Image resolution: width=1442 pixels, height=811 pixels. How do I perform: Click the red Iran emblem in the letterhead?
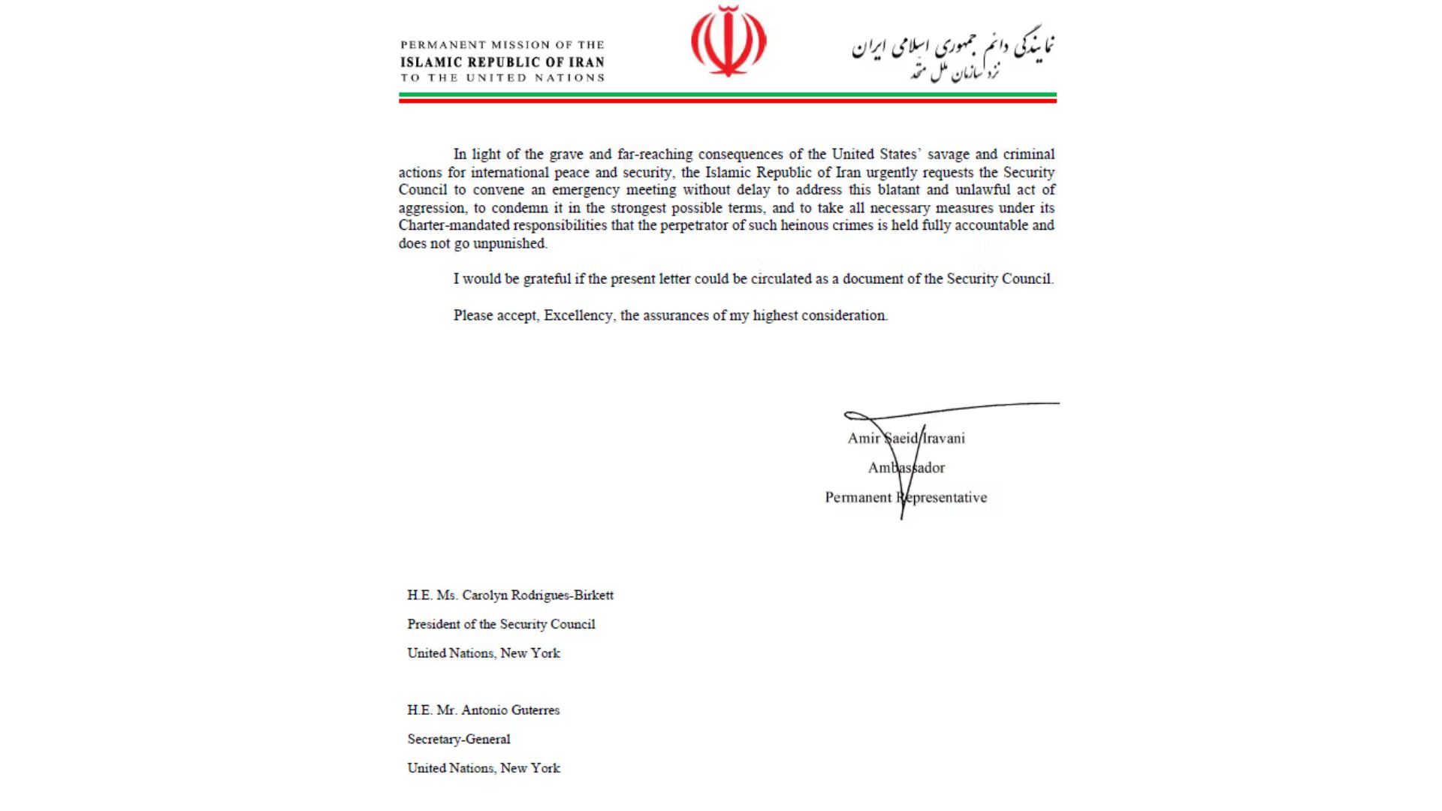tap(728, 41)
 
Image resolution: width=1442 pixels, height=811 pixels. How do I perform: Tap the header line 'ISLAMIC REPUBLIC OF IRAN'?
tap(502, 62)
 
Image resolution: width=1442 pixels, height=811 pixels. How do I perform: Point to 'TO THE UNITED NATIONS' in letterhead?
tap(502, 78)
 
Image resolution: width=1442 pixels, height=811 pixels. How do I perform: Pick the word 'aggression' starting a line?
tap(431, 208)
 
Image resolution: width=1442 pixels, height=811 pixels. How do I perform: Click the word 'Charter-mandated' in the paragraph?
tap(454, 225)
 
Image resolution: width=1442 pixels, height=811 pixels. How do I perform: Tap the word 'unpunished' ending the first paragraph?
tap(509, 243)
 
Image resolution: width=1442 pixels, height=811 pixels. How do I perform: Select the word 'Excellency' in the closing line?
tap(578, 315)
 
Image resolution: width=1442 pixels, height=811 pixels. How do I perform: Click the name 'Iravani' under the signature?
tap(944, 439)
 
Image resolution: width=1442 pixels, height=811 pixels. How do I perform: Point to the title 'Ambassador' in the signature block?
tap(906, 468)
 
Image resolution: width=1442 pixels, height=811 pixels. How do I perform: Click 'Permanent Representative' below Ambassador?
tap(906, 497)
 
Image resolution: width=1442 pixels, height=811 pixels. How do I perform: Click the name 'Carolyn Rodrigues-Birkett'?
tap(538, 595)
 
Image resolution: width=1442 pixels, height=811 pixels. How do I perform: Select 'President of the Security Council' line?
tap(501, 624)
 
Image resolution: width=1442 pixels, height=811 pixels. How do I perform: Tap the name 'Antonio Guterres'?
tap(510, 710)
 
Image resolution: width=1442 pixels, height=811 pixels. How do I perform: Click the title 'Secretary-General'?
tap(459, 739)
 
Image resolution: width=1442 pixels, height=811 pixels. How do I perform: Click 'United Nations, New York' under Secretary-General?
tap(484, 768)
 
